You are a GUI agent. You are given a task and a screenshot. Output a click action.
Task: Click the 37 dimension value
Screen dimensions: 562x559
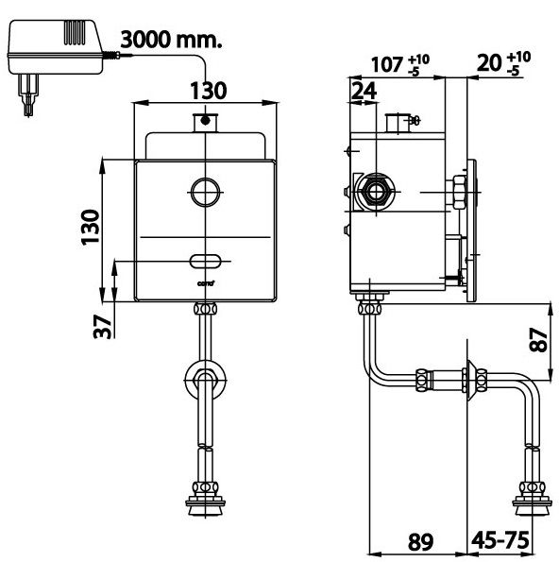click(x=103, y=324)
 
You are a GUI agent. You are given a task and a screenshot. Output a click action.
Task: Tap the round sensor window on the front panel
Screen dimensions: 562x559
click(x=204, y=192)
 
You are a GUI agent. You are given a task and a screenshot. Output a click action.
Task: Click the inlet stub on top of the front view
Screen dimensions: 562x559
click(x=203, y=123)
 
